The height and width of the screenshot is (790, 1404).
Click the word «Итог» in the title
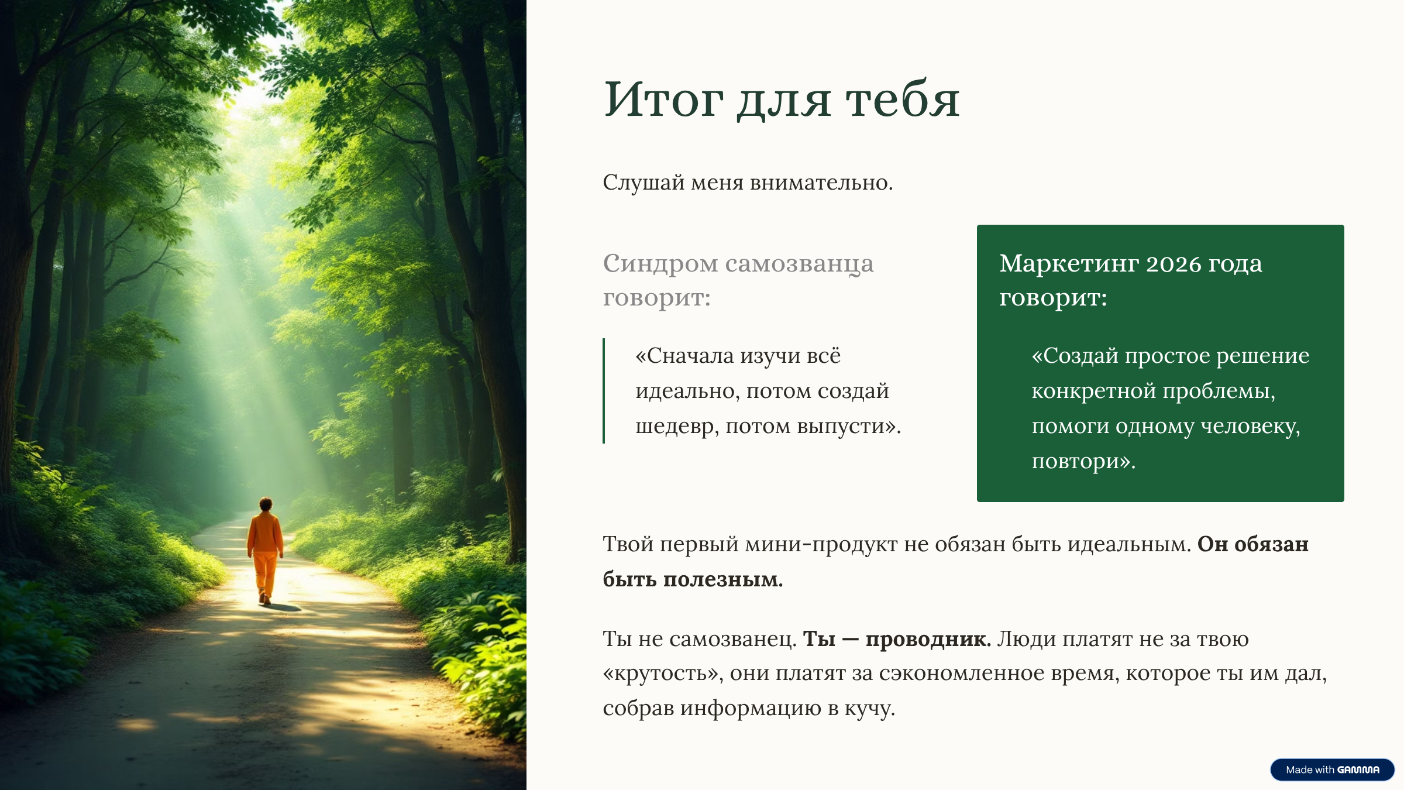[x=663, y=99]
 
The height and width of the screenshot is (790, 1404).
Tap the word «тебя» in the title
[x=903, y=99]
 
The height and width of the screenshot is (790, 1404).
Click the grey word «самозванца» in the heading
[x=799, y=265]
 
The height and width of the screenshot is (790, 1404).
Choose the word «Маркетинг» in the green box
[x=1069, y=265]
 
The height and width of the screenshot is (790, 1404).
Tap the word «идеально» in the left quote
[x=687, y=391]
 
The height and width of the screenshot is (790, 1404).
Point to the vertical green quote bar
[x=604, y=390]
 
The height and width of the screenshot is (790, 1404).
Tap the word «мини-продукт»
[x=821, y=544]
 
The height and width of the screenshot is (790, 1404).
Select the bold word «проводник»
[x=927, y=639]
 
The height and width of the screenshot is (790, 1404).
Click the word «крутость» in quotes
[x=660, y=674]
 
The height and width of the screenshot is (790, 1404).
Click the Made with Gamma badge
[x=1332, y=770]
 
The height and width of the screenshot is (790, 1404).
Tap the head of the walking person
[x=266, y=504]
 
